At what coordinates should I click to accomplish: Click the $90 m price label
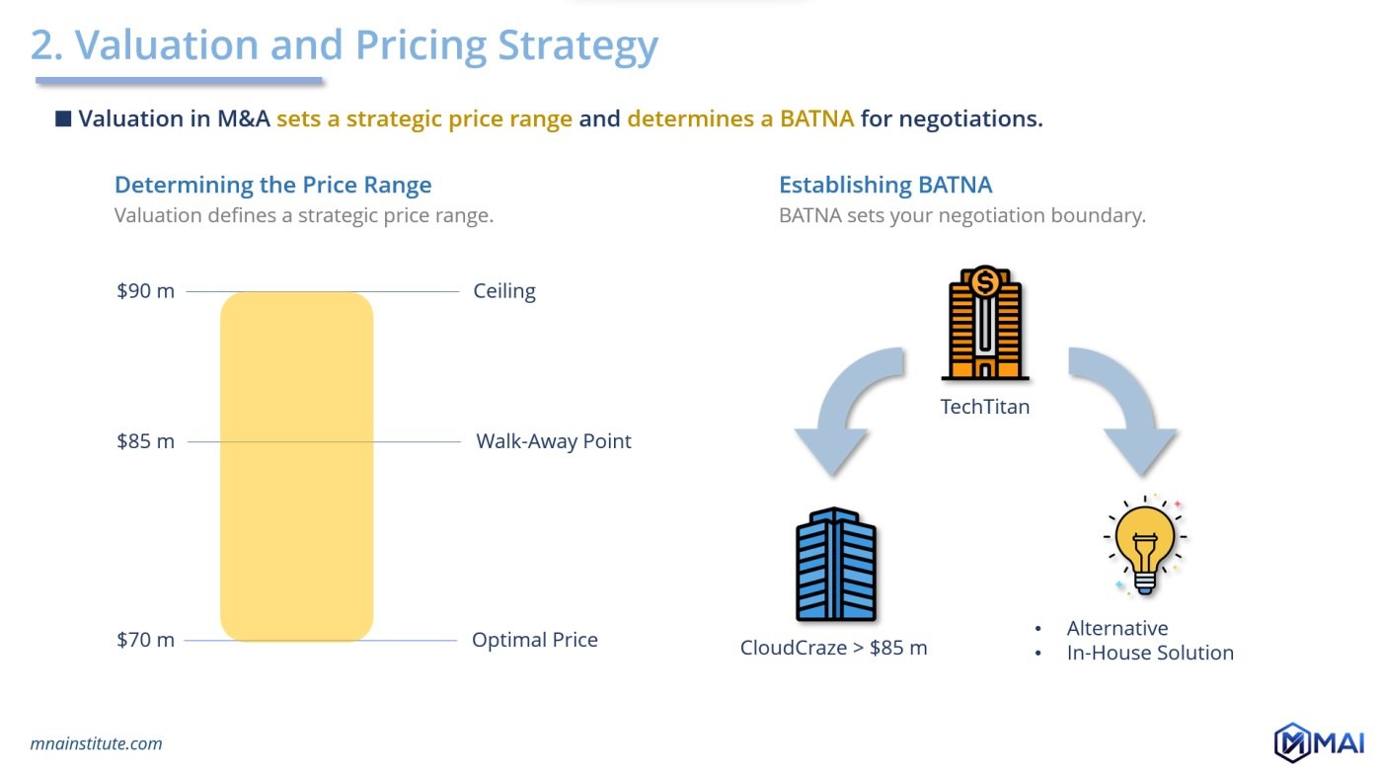point(145,291)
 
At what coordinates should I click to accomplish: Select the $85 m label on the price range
point(145,441)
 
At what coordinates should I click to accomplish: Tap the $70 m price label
point(145,640)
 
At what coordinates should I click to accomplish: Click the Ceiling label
point(503,291)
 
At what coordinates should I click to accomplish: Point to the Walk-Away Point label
point(553,441)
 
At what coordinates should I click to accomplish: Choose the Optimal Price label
point(534,640)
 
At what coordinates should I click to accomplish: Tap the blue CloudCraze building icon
point(835,564)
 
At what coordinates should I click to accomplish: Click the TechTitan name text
point(984,407)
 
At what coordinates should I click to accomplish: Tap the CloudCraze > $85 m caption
point(833,649)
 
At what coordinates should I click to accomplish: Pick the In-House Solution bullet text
point(1149,653)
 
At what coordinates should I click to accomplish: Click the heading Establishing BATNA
point(884,185)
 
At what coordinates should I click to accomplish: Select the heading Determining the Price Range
point(272,185)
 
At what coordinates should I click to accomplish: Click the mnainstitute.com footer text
point(96,743)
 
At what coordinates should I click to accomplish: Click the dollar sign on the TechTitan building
point(984,282)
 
